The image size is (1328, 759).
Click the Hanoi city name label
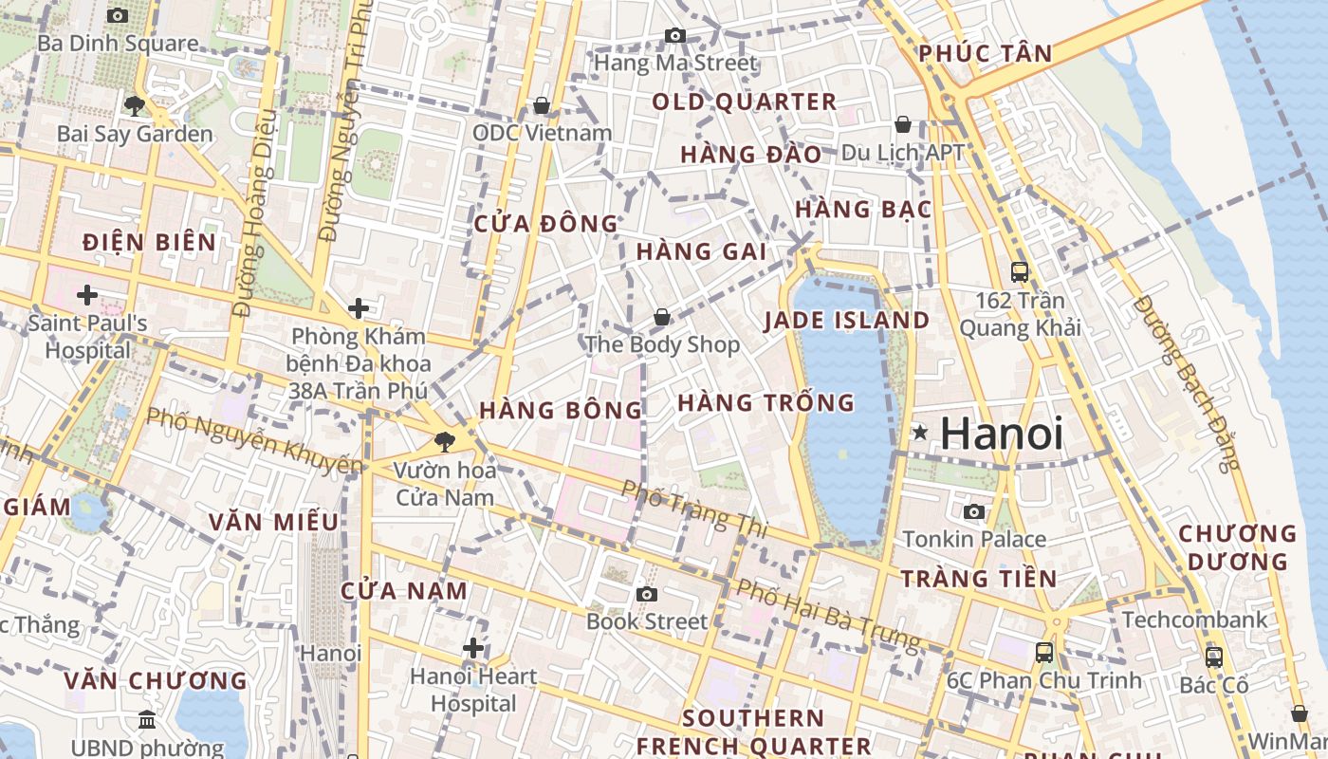coord(1002,434)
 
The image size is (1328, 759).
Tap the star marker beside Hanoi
coord(919,433)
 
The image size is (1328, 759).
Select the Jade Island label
coord(847,320)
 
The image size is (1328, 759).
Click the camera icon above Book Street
coord(647,594)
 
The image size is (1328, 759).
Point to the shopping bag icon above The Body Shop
coord(661,317)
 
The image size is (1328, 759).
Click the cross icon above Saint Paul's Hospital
coord(87,295)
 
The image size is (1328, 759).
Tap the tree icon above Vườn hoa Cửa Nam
coord(443,441)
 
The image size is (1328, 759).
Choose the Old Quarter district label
coord(745,102)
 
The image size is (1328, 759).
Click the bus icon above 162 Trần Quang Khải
coord(1020,272)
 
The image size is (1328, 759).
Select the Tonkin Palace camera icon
coord(973,512)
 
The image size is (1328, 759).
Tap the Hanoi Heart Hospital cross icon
coord(473,649)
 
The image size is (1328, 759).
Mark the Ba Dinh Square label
coord(119,44)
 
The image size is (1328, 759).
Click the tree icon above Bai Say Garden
coord(135,105)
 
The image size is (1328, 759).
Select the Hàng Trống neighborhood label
coord(765,403)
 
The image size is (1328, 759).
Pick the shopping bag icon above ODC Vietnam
coord(542,104)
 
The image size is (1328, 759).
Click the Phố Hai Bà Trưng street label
coord(829,615)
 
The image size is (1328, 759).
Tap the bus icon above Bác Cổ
coord(1213,657)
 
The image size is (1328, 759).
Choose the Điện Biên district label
coord(150,242)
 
